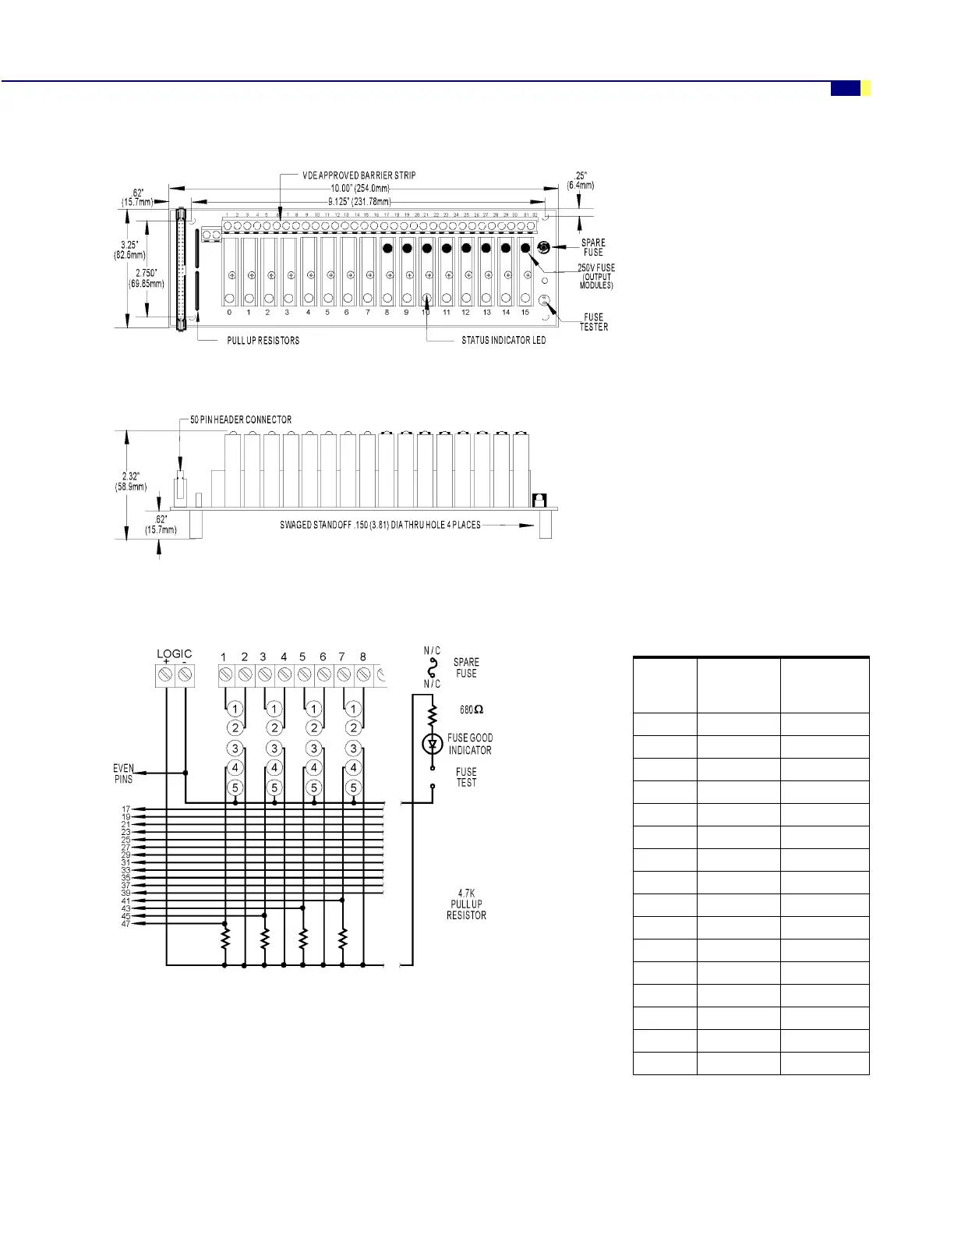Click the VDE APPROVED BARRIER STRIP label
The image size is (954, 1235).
pos(359,175)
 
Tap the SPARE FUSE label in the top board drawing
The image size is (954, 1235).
pos(593,247)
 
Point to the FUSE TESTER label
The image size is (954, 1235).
pos(594,322)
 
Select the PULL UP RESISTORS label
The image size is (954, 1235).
pos(263,341)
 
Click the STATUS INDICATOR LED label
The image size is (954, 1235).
pos(503,341)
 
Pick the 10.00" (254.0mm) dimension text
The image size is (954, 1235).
pos(359,188)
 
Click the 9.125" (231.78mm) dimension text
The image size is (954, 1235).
pos(359,201)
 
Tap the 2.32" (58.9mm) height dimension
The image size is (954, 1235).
pos(130,481)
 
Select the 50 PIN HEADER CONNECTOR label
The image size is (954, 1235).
pos(241,419)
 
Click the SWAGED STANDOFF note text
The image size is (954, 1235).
pos(380,525)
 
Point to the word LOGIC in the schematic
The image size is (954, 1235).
pos(174,653)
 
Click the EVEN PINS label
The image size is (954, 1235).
pos(123,773)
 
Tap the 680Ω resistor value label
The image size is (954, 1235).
pos(472,710)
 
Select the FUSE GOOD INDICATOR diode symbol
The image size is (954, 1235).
pos(433,745)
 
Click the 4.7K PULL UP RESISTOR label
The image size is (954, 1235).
pos(466,904)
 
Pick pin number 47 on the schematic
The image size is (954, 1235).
pos(125,924)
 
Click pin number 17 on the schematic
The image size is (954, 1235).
pos(125,809)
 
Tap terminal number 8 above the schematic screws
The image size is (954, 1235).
pos(362,657)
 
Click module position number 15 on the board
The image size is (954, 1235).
pos(525,313)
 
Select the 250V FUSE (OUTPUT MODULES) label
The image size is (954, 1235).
pos(596,276)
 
